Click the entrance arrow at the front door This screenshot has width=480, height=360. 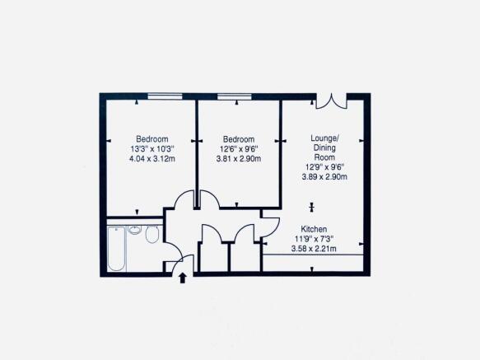(x=183, y=278)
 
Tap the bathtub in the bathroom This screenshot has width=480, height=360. (x=116, y=249)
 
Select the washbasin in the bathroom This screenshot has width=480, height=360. (x=134, y=230)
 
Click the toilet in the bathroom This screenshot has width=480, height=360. (x=152, y=235)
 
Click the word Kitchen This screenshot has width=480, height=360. (x=314, y=229)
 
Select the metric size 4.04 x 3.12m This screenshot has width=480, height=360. (x=152, y=159)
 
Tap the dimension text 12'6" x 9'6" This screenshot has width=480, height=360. (x=239, y=149)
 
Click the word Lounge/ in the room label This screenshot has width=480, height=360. (x=324, y=138)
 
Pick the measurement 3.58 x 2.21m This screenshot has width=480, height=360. (x=314, y=249)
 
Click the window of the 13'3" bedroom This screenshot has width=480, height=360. (x=165, y=96)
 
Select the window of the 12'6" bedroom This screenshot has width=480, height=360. (x=235, y=96)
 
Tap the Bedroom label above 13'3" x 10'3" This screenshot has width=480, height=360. (x=152, y=139)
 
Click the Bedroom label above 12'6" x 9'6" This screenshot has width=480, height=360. (x=239, y=139)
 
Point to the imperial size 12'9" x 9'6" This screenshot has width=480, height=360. (x=324, y=167)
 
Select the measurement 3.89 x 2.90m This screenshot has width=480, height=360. (x=324, y=177)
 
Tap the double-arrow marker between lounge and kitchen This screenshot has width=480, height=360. (x=312, y=208)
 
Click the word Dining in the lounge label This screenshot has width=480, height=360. (x=324, y=148)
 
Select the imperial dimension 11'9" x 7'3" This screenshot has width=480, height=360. (x=314, y=239)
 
